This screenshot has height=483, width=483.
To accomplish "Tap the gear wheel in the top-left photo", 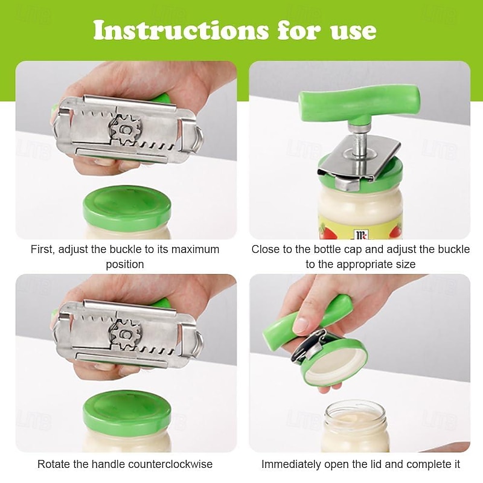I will coord(125,129).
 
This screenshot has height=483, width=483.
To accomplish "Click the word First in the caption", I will coord(43,249).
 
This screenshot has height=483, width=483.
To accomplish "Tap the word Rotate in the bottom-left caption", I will coord(53,464).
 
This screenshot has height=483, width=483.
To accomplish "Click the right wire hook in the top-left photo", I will coord(194,136).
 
